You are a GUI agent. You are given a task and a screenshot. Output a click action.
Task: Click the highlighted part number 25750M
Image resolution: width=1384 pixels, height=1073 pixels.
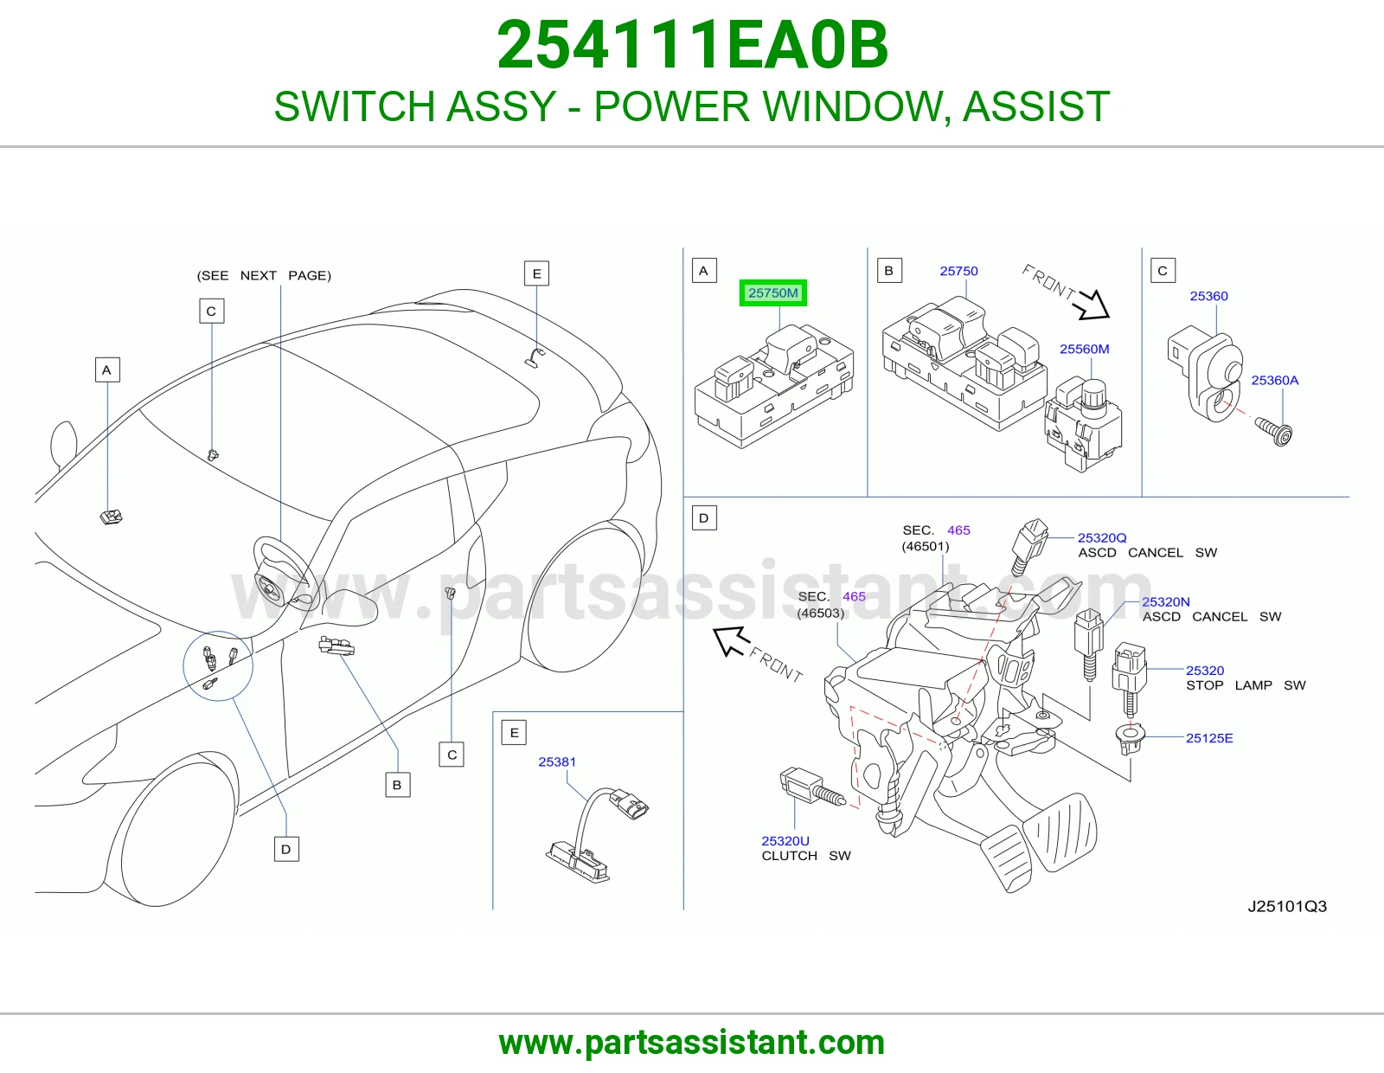point(772,293)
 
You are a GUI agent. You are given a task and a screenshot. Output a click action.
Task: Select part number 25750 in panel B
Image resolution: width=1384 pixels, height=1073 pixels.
point(958,271)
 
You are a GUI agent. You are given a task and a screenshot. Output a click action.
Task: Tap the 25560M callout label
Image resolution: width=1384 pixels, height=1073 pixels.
point(1084,350)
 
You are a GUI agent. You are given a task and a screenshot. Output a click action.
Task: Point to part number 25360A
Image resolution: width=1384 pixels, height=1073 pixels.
point(1274,381)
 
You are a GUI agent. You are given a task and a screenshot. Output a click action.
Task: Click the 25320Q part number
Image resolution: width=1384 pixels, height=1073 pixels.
point(1102,537)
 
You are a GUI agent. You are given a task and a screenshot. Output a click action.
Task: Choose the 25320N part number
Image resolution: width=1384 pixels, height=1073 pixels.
point(1165,601)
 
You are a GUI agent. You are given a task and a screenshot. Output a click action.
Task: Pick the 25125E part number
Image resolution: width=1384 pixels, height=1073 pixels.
point(1209,738)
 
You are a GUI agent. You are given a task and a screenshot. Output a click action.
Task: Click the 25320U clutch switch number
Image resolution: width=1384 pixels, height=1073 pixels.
point(785,841)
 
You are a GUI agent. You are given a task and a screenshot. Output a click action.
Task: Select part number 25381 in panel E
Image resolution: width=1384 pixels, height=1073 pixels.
point(557,761)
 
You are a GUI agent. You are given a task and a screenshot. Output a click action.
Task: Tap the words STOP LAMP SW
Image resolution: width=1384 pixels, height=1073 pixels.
point(1245,685)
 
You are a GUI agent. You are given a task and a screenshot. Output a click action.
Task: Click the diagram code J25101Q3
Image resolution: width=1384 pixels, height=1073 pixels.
point(1286,906)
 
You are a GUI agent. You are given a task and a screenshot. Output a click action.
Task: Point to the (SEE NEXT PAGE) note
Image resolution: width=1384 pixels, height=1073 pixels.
point(264,275)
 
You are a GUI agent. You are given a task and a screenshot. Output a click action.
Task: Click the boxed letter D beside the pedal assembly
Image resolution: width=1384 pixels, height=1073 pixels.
point(704,518)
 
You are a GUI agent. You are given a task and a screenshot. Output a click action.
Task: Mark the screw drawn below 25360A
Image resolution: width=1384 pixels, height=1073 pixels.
point(1274,432)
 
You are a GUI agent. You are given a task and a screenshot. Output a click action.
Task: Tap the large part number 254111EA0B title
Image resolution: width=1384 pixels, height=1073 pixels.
point(692,45)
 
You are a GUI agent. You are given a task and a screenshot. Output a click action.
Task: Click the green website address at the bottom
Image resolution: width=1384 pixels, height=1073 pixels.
point(692,1043)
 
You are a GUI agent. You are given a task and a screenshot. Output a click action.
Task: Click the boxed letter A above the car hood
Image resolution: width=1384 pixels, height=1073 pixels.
point(107,370)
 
